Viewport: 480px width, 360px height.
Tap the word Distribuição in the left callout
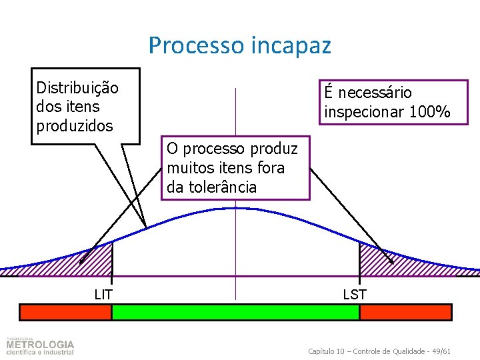point(77,88)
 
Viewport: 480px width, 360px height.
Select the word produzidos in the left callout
point(75,125)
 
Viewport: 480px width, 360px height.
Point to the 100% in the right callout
point(430,112)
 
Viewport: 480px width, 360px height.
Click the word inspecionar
point(365,112)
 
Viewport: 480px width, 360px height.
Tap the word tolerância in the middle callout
point(221,187)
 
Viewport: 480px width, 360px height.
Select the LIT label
point(103,294)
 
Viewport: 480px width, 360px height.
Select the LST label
point(355,294)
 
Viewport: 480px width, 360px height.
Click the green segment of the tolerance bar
point(235,312)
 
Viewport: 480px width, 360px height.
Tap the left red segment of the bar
point(65,312)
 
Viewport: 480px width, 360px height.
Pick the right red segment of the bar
point(405,312)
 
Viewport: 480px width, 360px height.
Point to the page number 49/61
point(440,351)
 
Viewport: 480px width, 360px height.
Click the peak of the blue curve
point(235,208)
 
